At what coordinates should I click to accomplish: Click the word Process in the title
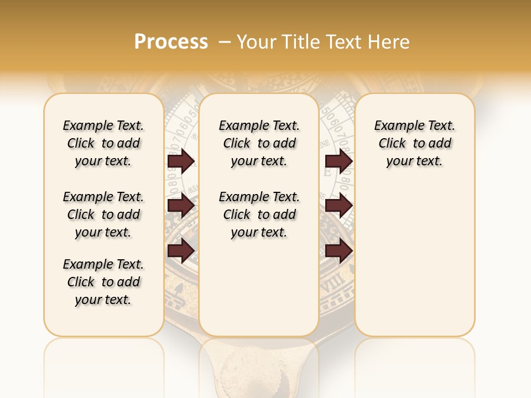(171, 42)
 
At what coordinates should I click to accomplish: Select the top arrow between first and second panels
(181, 161)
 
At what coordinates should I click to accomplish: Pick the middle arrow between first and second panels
(181, 206)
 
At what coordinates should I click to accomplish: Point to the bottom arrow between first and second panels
(181, 251)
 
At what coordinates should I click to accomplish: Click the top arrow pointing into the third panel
(339, 161)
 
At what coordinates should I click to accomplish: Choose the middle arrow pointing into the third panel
(339, 206)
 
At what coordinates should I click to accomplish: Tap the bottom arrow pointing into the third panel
(339, 251)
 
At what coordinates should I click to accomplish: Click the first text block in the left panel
(103, 143)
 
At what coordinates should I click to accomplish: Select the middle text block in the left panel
(103, 214)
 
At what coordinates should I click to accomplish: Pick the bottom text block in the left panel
(103, 282)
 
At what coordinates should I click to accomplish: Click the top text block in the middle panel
(259, 143)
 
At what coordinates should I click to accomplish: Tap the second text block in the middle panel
(259, 214)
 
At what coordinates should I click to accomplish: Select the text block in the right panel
(414, 143)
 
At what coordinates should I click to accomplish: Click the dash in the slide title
(225, 42)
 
